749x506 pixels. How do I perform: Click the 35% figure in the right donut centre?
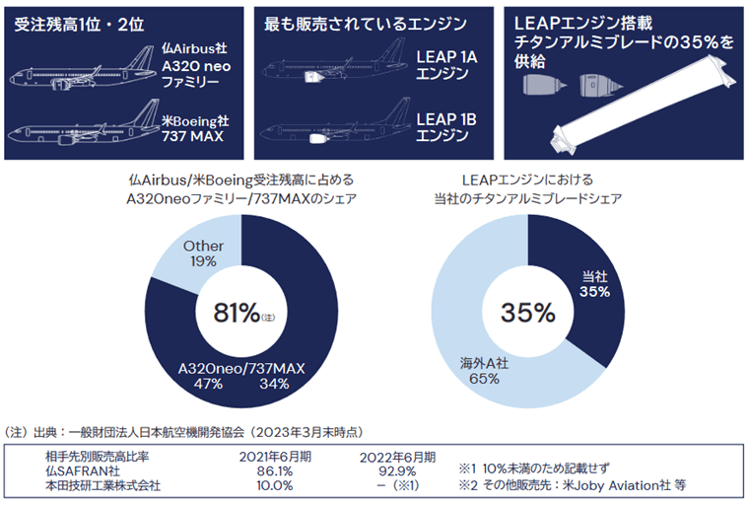pos(528,313)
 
